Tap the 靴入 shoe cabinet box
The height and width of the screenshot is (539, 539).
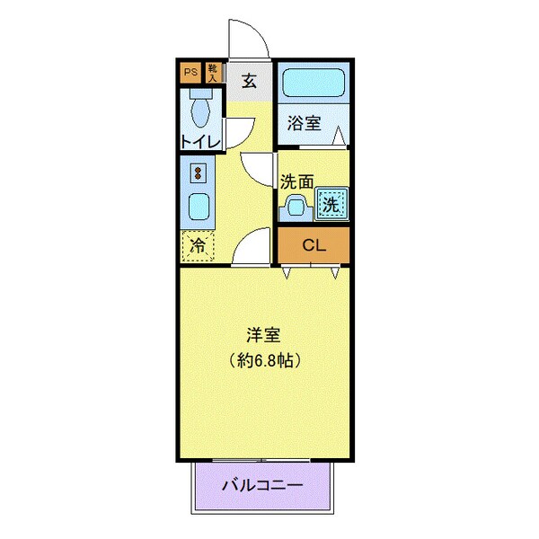213,72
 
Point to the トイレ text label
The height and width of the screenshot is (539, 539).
198,141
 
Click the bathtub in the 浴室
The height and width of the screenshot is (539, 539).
312,84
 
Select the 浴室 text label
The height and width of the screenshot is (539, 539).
305,124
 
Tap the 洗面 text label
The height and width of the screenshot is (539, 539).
297,181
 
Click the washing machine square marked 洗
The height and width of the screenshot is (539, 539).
331,205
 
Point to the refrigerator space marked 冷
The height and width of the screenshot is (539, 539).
199,244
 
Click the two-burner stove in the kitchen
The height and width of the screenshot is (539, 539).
199,171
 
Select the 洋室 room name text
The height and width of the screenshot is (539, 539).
264,336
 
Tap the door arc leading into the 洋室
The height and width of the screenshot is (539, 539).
252,246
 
